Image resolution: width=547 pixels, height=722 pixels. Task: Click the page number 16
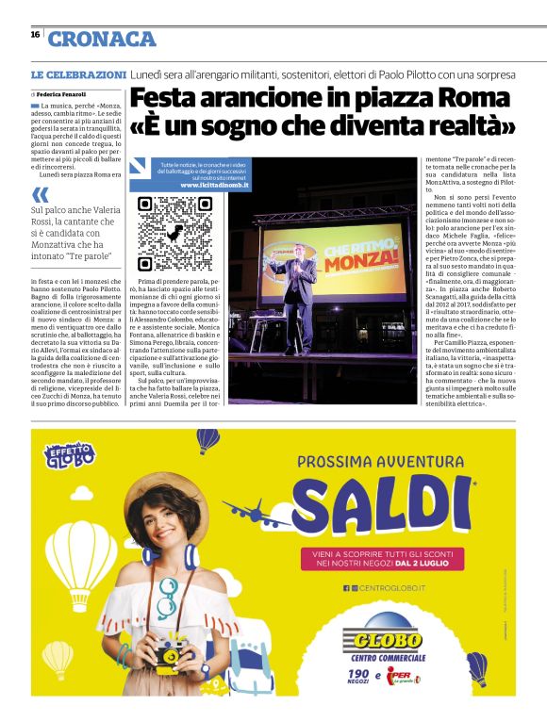point(35,34)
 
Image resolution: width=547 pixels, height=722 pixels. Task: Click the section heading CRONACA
point(102,39)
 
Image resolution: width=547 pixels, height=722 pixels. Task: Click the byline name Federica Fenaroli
point(62,95)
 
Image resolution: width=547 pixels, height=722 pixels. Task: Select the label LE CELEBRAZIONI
point(78,74)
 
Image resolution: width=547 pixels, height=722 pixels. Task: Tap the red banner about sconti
point(388,559)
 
